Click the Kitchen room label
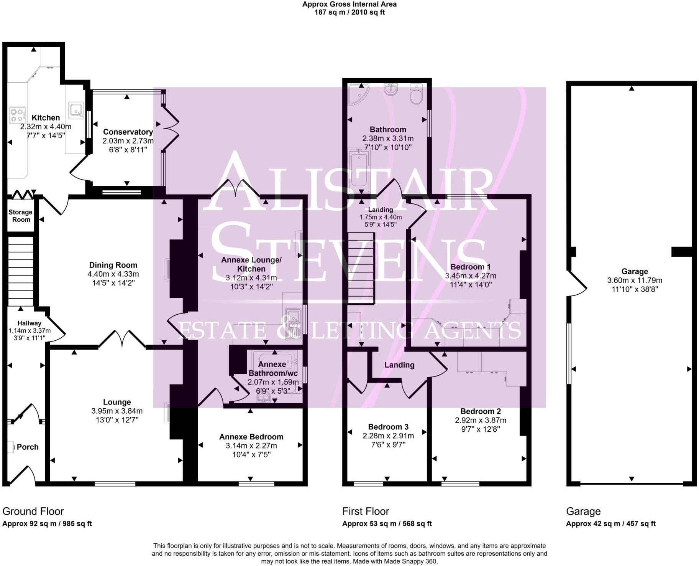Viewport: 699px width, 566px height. point(46,118)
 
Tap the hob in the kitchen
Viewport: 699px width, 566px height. point(17,115)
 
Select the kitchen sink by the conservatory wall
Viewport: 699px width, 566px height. point(76,110)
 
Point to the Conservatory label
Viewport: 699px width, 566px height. point(128,132)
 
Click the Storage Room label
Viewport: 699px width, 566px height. point(21,216)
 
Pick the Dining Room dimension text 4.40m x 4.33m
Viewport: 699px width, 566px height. point(113,274)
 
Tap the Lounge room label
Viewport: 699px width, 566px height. point(117,402)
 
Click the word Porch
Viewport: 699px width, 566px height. point(28,447)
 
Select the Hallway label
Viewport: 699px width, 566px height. point(30,323)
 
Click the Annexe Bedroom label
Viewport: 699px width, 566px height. point(251,437)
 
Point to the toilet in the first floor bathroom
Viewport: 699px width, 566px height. point(416,94)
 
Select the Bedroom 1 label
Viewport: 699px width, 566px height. point(471,267)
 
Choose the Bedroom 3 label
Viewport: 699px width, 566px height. point(388,427)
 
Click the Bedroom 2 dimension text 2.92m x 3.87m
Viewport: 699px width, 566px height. point(481,420)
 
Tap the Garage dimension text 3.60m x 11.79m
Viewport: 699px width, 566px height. point(635,281)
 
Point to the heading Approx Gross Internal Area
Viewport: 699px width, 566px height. point(349,4)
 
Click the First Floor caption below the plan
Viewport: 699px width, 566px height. point(366,512)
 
